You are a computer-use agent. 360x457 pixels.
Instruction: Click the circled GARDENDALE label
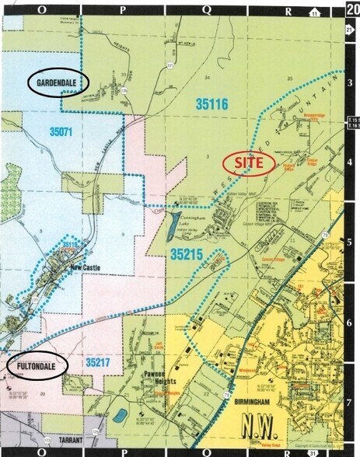point(59,82)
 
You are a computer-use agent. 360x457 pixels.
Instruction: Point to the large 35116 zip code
point(211,103)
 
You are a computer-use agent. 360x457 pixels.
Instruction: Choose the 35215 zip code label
point(189,254)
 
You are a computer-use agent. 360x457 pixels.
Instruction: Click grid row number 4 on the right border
point(349,162)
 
